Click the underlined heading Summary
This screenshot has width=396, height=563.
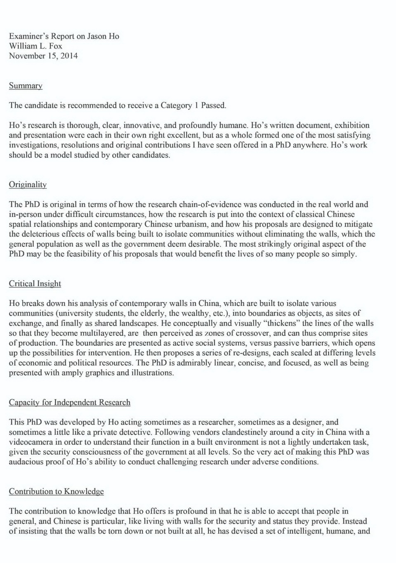pos(26,86)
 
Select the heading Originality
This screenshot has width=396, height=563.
pos(28,185)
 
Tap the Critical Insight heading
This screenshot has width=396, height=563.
pos(35,284)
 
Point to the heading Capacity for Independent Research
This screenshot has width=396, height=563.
pos(70,402)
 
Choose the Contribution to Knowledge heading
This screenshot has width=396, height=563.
pos(57,491)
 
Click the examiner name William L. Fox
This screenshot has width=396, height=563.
pos(35,46)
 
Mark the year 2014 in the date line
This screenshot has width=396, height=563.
pos(69,56)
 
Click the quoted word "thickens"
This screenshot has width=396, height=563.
pos(279,323)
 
